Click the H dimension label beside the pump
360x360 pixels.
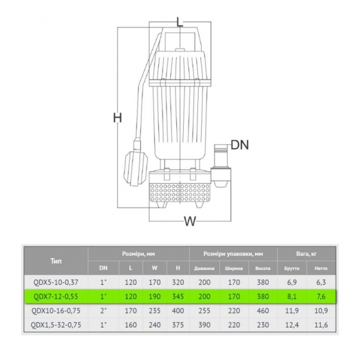pos(118,118)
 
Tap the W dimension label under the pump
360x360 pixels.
pos(190,221)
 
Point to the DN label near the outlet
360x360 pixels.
pos(240,145)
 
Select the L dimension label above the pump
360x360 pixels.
pos(180,22)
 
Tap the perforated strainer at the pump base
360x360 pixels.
pos(180,193)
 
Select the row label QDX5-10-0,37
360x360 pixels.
pos(56,282)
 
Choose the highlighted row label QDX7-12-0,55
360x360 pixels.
pos(56,296)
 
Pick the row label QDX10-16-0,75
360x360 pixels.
pos(56,311)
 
